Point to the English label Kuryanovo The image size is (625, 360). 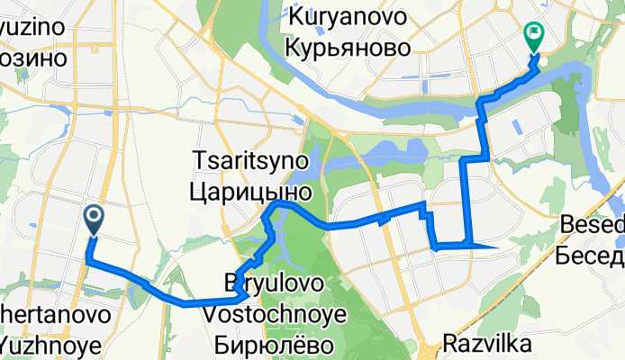click(x=347, y=16)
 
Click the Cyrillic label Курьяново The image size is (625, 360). click(x=347, y=46)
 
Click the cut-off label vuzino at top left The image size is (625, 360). click(x=32, y=27)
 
